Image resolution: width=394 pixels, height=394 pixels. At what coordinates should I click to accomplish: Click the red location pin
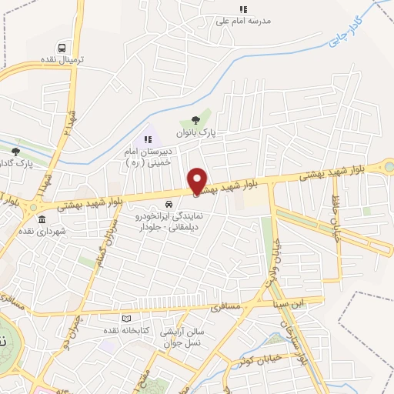[x=197, y=182]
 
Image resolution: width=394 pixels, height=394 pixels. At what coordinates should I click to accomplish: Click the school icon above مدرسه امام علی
[x=243, y=10]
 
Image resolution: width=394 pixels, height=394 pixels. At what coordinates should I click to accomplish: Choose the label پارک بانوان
[x=195, y=133]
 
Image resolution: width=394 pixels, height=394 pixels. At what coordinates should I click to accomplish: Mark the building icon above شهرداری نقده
[x=41, y=220]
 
